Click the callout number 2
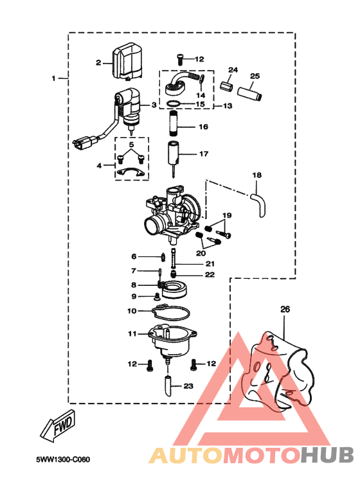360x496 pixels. [x=98, y=62]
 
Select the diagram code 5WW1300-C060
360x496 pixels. [x=63, y=460]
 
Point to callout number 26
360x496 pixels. [x=285, y=309]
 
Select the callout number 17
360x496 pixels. [x=203, y=154]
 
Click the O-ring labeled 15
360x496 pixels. [x=175, y=103]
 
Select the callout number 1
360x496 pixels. [x=54, y=78]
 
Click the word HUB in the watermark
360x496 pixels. [x=326, y=456]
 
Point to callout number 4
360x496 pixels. [x=99, y=165]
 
